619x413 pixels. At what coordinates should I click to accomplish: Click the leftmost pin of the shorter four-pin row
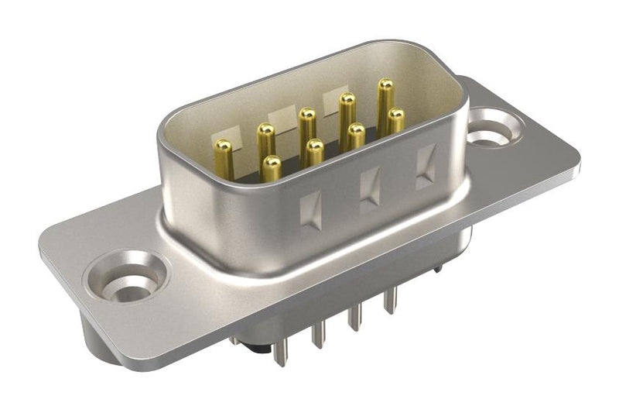272,167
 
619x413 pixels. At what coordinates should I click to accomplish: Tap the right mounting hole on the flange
492,127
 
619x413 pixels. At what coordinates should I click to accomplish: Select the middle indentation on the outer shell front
371,188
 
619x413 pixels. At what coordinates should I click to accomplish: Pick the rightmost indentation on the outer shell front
426,166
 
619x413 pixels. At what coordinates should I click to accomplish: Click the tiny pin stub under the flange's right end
438,268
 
